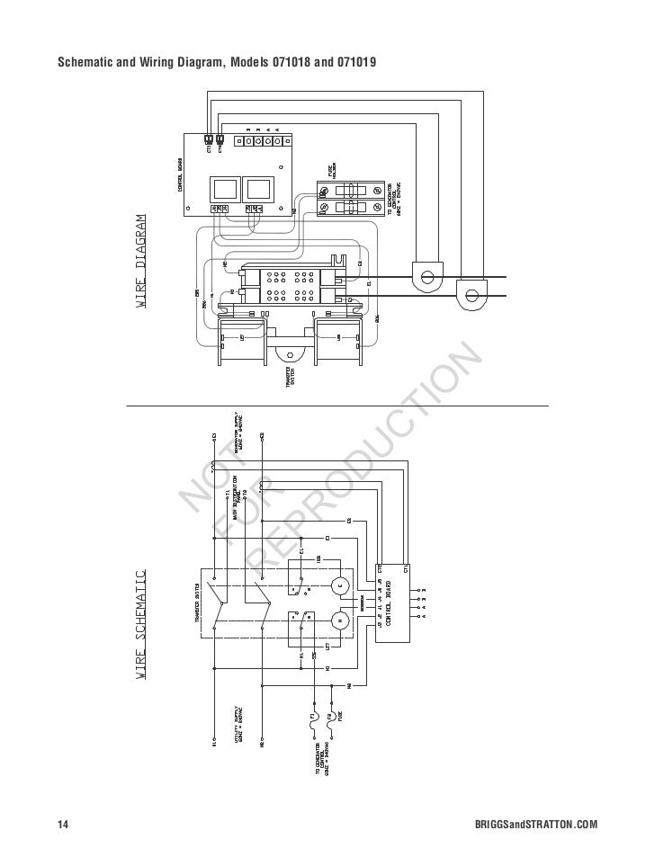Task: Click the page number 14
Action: (x=63, y=825)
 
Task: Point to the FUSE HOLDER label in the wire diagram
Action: (x=331, y=169)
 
